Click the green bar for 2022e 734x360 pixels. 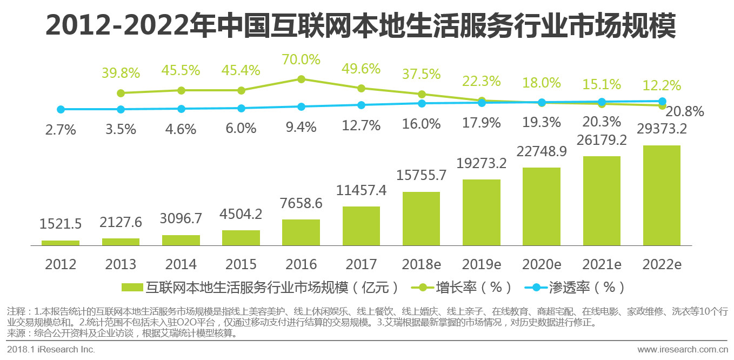[661, 196]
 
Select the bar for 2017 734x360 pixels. [361, 226]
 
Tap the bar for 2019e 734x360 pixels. [481, 212]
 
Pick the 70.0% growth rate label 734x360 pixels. [301, 59]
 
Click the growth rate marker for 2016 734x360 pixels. [302, 79]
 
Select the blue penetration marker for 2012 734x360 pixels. [61, 109]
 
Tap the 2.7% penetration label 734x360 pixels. [61, 130]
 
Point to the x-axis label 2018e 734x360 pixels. [421, 264]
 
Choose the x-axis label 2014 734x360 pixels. [181, 264]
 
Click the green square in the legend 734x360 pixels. [133, 287]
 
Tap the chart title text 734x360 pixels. [361, 26]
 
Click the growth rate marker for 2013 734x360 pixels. [121, 93]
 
